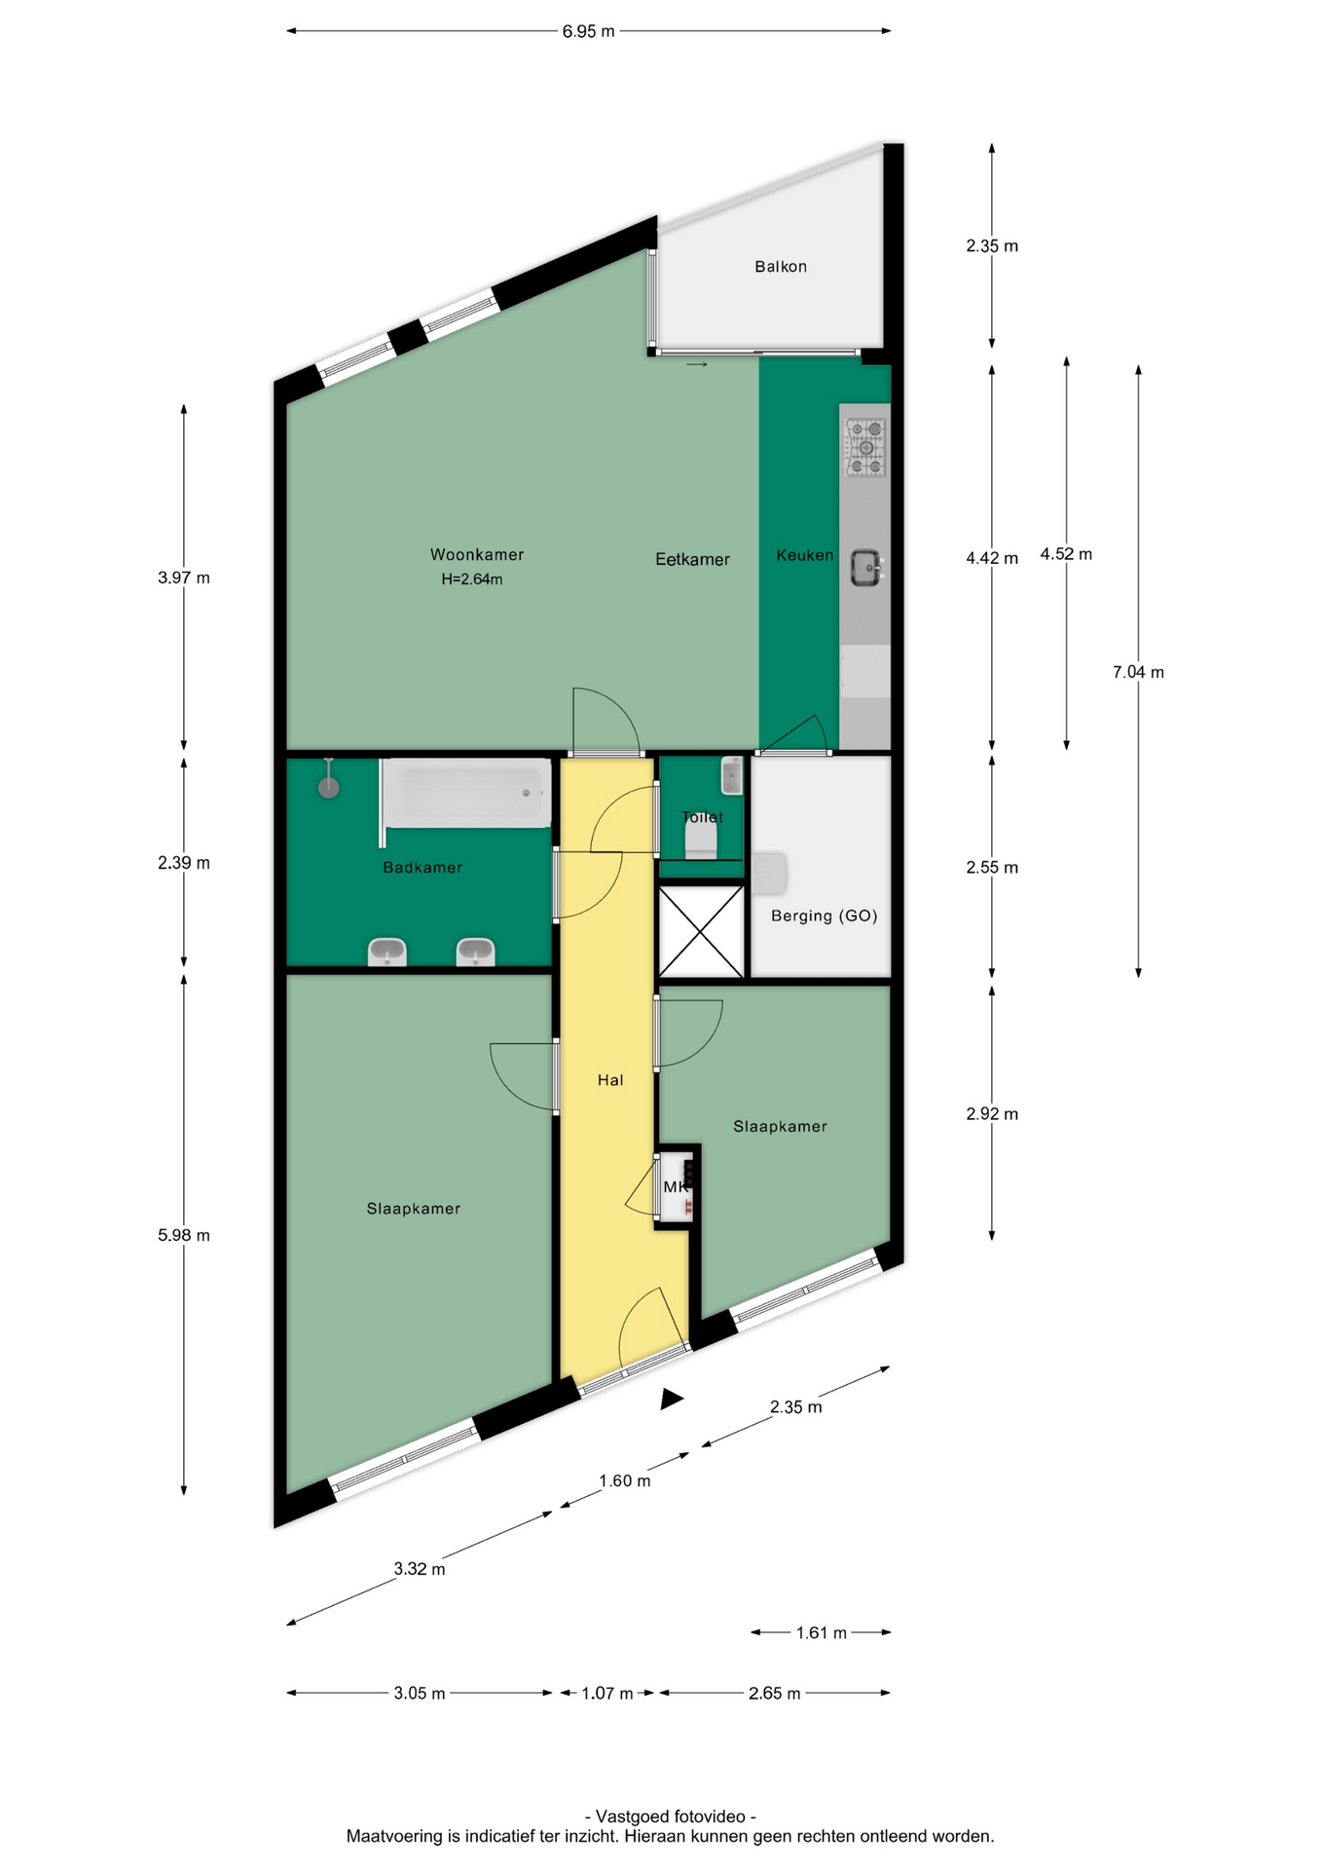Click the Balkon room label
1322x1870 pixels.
[x=781, y=266]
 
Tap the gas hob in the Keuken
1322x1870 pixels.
[x=865, y=447]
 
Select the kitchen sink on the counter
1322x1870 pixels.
[x=866, y=567]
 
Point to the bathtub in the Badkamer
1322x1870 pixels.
[x=468, y=793]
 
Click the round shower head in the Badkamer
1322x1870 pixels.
[x=329, y=787]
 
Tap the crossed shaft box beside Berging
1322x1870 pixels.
[x=701, y=931]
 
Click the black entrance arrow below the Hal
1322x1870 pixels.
[x=671, y=1399]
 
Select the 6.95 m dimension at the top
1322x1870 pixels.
[x=588, y=31]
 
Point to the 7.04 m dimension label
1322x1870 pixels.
[x=1138, y=672]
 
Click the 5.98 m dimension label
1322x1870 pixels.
[x=184, y=1235]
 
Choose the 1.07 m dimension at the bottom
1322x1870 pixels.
[x=607, y=1693]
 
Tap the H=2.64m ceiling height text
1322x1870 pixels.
[x=472, y=580]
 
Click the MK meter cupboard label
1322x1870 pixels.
[x=676, y=1186]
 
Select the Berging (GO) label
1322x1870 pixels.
[x=825, y=916]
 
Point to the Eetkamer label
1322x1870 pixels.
[x=692, y=559]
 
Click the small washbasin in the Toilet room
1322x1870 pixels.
[x=732, y=776]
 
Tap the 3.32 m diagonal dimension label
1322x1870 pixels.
[x=420, y=1569]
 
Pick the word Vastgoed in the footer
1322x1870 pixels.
[x=632, y=1816]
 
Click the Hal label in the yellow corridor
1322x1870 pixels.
[x=610, y=1079]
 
